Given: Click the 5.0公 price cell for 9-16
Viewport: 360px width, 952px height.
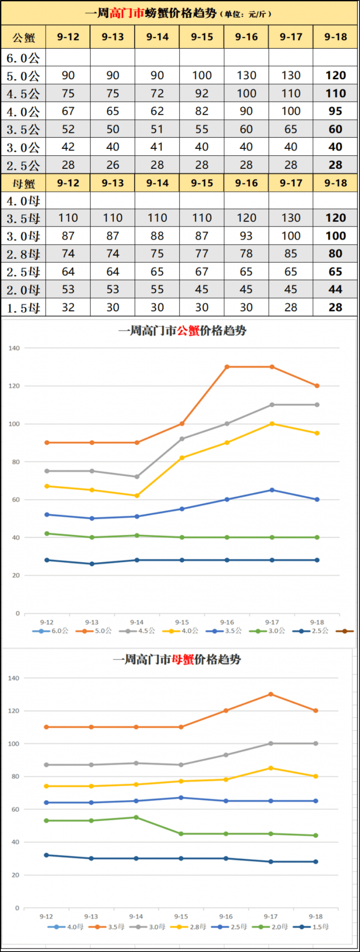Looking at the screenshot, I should (x=246, y=76).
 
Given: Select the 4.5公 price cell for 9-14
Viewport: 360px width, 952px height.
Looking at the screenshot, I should (x=157, y=94).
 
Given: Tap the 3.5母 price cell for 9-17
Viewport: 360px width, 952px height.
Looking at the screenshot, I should (x=291, y=218).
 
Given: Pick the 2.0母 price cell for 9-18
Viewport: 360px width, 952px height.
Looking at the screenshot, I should (x=335, y=290).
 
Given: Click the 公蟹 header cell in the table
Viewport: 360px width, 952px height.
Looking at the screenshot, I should (x=23, y=37).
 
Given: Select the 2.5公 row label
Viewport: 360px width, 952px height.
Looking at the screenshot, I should (x=23, y=166).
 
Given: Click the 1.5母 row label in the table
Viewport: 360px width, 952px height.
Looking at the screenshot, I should (x=23, y=308).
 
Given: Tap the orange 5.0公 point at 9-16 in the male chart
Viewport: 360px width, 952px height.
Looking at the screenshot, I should (x=227, y=367).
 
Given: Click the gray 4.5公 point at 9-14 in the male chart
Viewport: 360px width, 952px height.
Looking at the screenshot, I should (x=137, y=476).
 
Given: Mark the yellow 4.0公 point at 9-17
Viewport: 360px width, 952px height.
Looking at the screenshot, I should (x=272, y=424).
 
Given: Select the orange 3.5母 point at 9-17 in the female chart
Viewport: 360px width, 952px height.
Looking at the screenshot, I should (x=271, y=694).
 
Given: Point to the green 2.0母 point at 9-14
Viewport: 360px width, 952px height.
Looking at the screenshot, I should (x=136, y=817).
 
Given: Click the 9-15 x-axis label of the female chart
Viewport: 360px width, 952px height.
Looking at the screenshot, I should (x=181, y=916).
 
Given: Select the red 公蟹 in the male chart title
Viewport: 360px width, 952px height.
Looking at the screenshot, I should (x=188, y=331).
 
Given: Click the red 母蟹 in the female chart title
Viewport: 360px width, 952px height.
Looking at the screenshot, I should (x=183, y=660).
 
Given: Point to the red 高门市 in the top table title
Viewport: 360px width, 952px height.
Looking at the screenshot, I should (x=126, y=13).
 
